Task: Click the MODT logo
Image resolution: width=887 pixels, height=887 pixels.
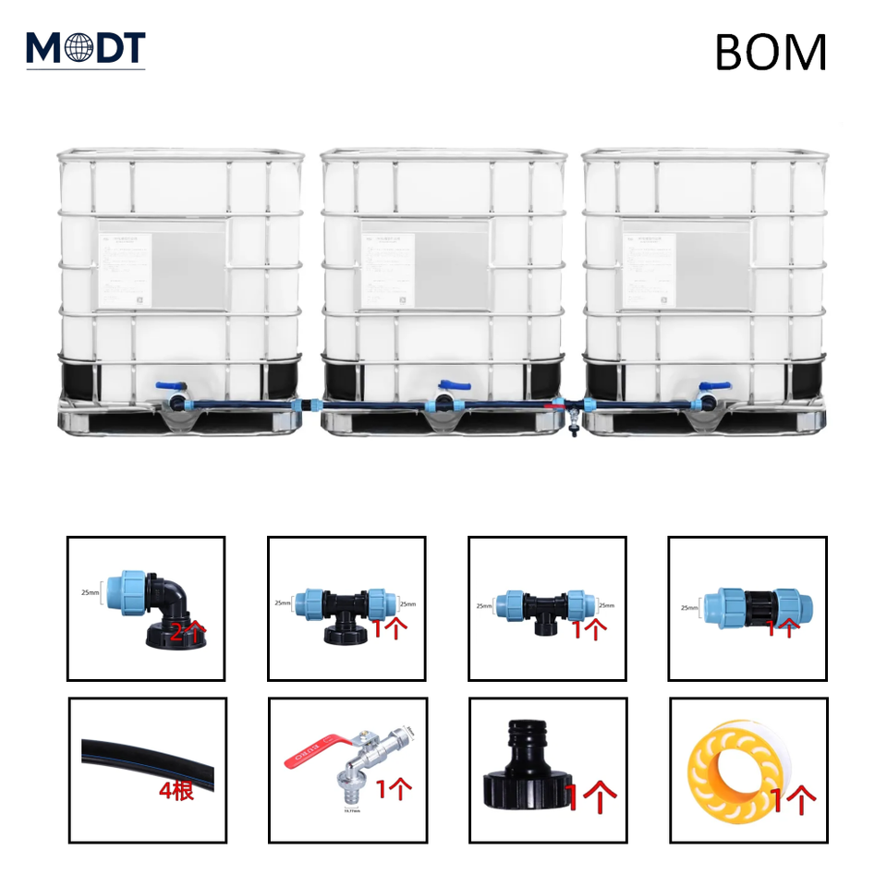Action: pos(85,48)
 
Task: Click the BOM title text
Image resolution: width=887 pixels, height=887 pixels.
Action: pos(770,54)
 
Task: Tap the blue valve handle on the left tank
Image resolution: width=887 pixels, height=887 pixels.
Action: pos(169,387)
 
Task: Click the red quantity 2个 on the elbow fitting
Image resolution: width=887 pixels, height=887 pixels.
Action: pos(188,633)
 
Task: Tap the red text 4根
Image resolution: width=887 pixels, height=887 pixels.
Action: pos(176,791)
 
